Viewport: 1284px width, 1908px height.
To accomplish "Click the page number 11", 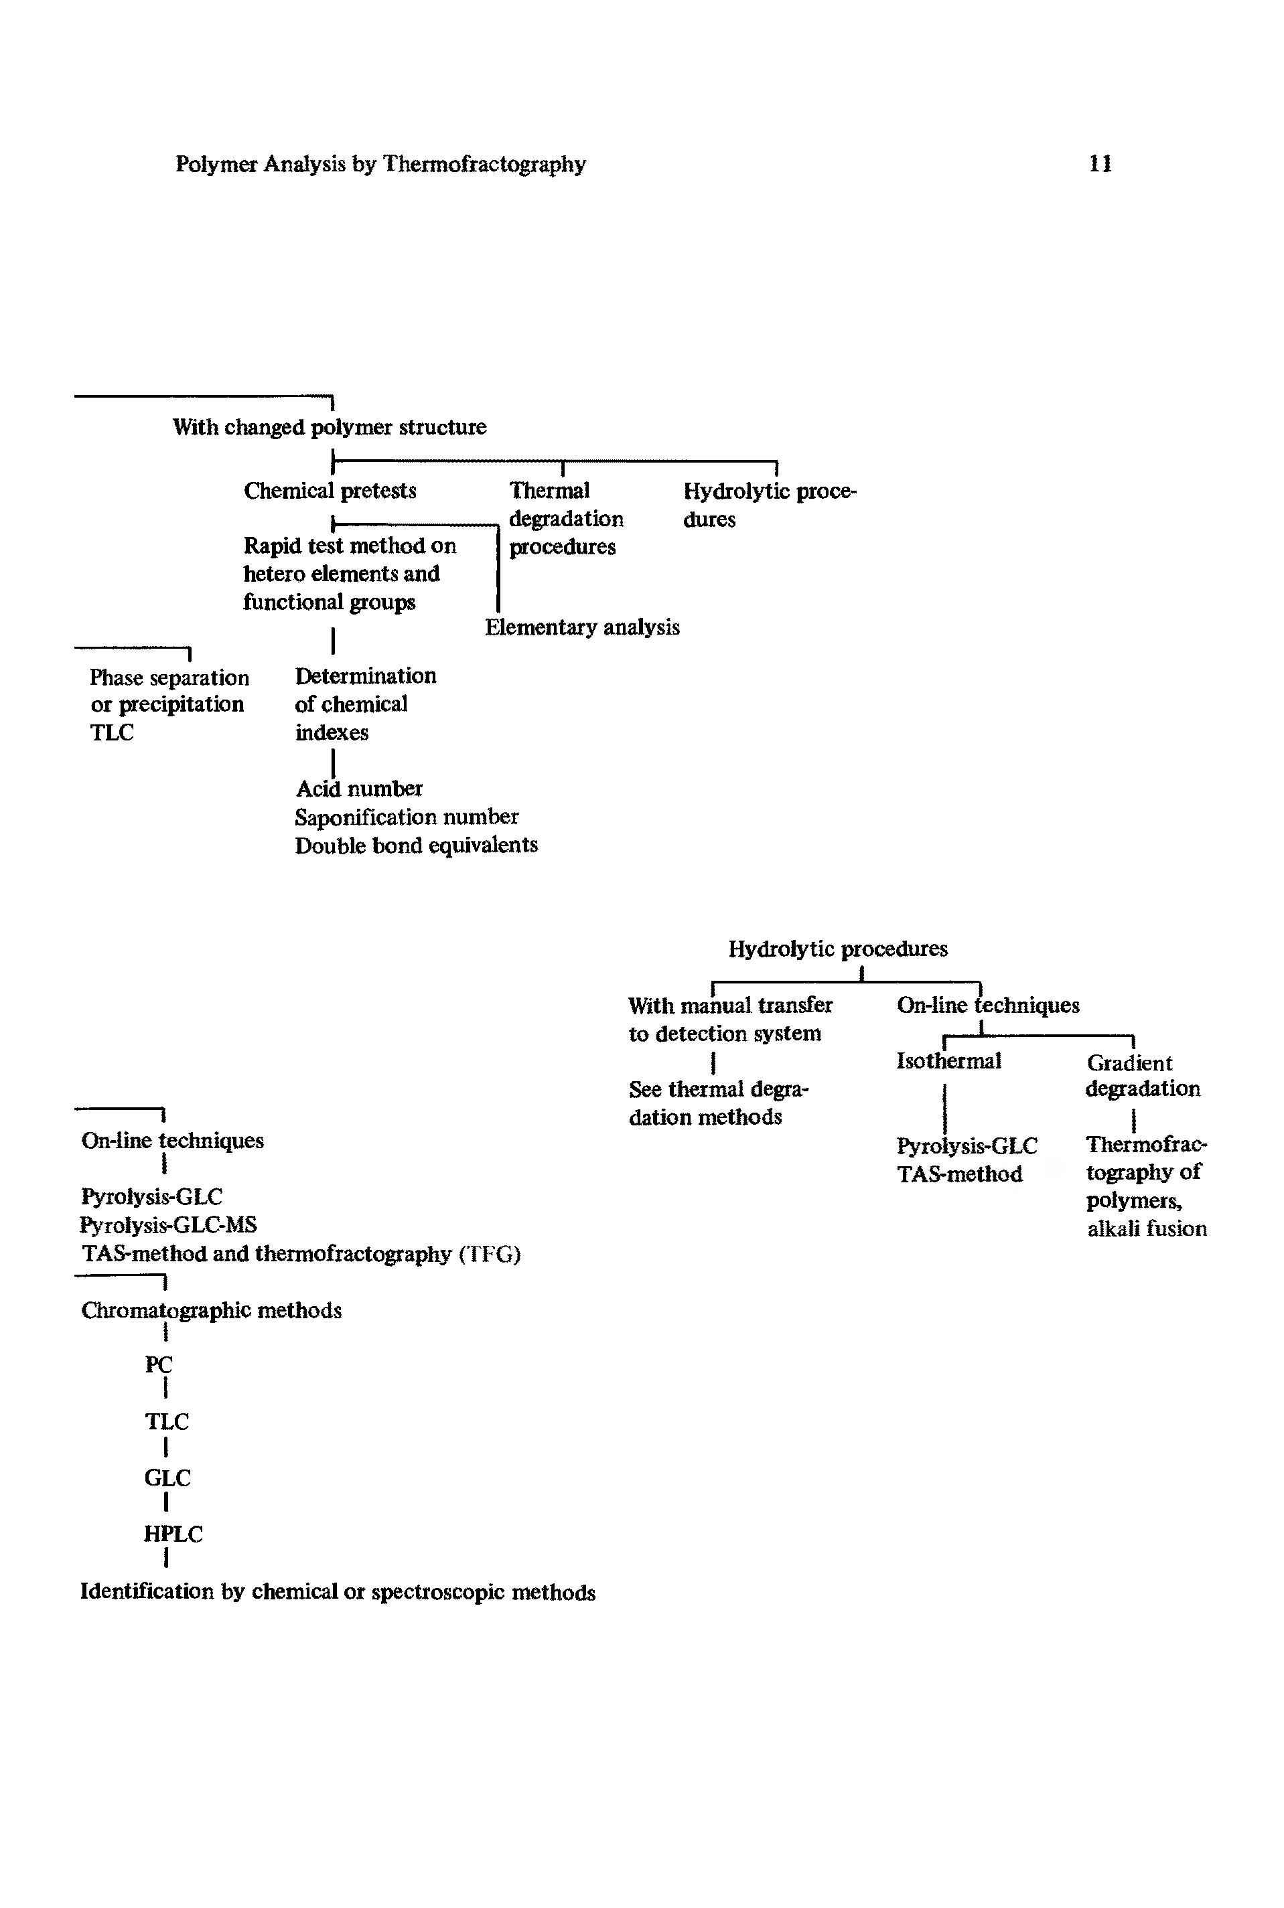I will (x=1100, y=165).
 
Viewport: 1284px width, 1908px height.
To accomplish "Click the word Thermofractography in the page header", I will (x=485, y=165).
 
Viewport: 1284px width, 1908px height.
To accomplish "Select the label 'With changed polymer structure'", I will (x=329, y=427).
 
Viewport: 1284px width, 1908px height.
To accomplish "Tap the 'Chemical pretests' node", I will (x=330, y=491).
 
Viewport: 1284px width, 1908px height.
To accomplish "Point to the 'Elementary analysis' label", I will (x=582, y=628).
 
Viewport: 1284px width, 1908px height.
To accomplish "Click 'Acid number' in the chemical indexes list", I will (x=358, y=789).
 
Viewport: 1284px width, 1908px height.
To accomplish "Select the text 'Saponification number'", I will (x=406, y=817).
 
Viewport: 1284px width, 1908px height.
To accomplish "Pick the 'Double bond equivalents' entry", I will (x=416, y=846).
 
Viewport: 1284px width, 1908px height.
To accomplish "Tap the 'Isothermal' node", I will (x=948, y=1062).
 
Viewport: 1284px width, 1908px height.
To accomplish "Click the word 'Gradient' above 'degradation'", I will (x=1129, y=1063).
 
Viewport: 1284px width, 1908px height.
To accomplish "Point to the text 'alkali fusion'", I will (x=1147, y=1228).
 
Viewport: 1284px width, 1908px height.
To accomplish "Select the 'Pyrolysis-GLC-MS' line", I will (x=169, y=1225).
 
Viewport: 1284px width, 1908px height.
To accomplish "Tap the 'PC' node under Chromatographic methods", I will (x=159, y=1364).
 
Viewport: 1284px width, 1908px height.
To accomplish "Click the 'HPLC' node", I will (x=173, y=1534).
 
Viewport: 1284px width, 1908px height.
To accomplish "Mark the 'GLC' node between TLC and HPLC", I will (x=167, y=1478).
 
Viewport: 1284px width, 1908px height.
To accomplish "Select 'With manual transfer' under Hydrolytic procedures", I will (x=729, y=1006).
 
